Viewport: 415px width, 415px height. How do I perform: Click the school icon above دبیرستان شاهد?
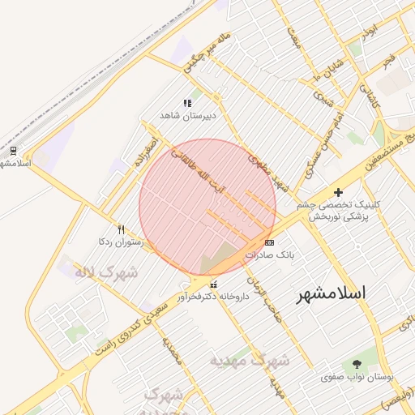[187, 104]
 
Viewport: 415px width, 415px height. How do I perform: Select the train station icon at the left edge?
[13, 150]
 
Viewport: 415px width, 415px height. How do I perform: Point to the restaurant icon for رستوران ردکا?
[122, 229]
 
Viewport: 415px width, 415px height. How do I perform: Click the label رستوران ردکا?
[121, 242]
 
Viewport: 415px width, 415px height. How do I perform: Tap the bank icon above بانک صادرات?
[269, 242]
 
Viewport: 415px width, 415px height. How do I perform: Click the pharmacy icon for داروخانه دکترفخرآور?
[213, 285]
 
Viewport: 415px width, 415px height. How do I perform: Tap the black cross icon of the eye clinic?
[338, 192]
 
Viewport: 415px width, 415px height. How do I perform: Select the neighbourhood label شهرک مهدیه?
[249, 359]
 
